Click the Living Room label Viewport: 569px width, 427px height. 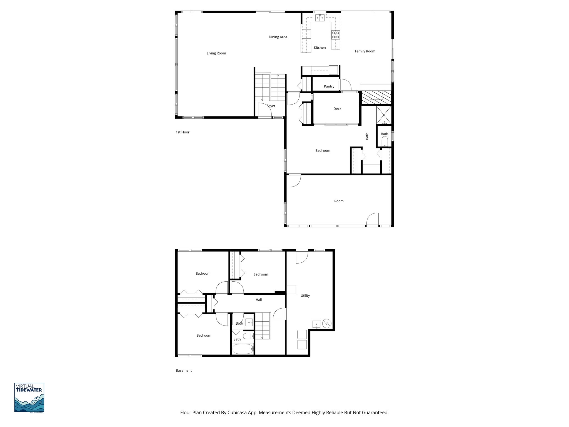[x=216, y=53]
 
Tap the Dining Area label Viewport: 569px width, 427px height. [x=278, y=37]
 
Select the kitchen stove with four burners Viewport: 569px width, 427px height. [x=335, y=35]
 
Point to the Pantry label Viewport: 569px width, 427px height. [x=329, y=86]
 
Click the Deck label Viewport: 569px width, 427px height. [x=337, y=109]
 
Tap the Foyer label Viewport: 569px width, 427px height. [x=271, y=106]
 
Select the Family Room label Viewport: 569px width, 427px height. [x=365, y=51]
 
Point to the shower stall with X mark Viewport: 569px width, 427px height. [x=384, y=115]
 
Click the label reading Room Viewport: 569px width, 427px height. [x=339, y=201]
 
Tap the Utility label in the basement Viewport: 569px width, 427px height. [x=305, y=296]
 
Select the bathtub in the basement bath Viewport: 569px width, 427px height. [x=243, y=349]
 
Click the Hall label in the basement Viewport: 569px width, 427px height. [x=259, y=300]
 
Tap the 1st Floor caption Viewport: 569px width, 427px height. [x=183, y=132]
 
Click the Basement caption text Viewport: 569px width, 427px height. [x=184, y=371]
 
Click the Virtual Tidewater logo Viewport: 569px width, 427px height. [x=29, y=398]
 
